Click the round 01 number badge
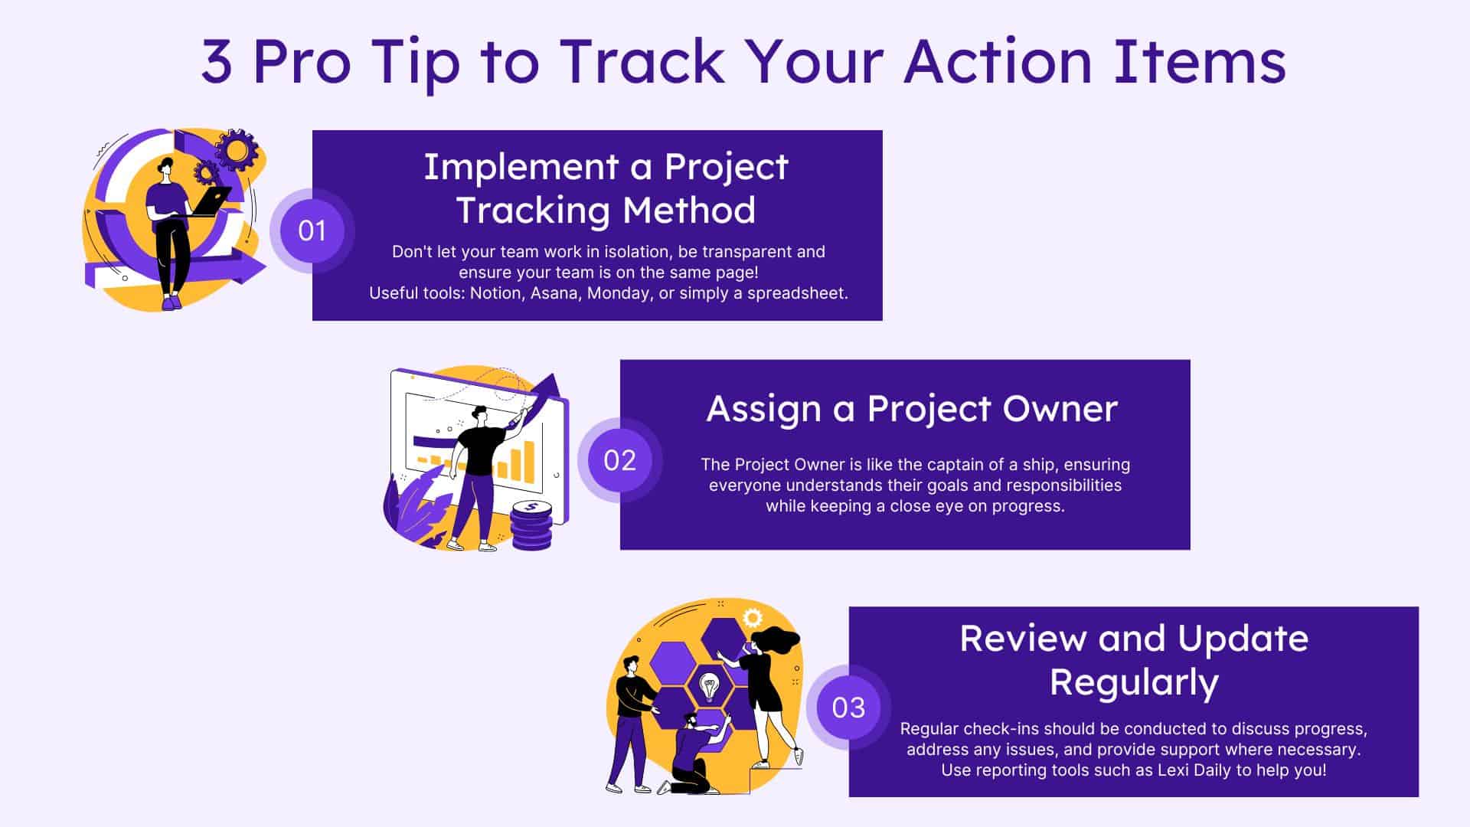point(312,230)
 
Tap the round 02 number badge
point(619,460)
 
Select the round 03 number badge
point(848,708)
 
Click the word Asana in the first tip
point(554,293)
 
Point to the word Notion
point(495,293)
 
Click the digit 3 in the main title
point(217,62)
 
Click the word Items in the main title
point(1200,60)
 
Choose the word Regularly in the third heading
point(1134,683)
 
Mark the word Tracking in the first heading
point(533,211)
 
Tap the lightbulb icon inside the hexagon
point(710,687)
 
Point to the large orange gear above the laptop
point(236,150)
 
